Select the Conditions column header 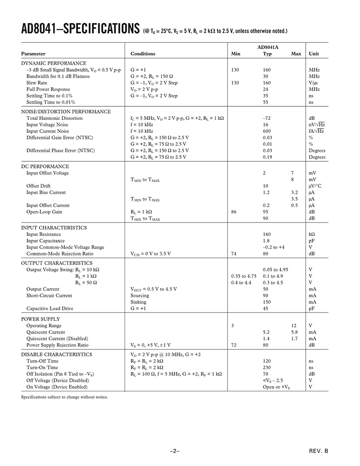[143, 54]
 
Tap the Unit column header [314, 54]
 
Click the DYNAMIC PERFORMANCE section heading [53, 63]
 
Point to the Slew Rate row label [37, 83]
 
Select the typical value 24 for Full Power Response [265, 90]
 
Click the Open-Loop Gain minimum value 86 [234, 212]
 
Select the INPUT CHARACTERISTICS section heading [54, 228]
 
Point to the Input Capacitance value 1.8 [266, 241]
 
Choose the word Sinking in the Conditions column [139, 302]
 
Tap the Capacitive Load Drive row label [50, 309]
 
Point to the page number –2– [174, 451]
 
